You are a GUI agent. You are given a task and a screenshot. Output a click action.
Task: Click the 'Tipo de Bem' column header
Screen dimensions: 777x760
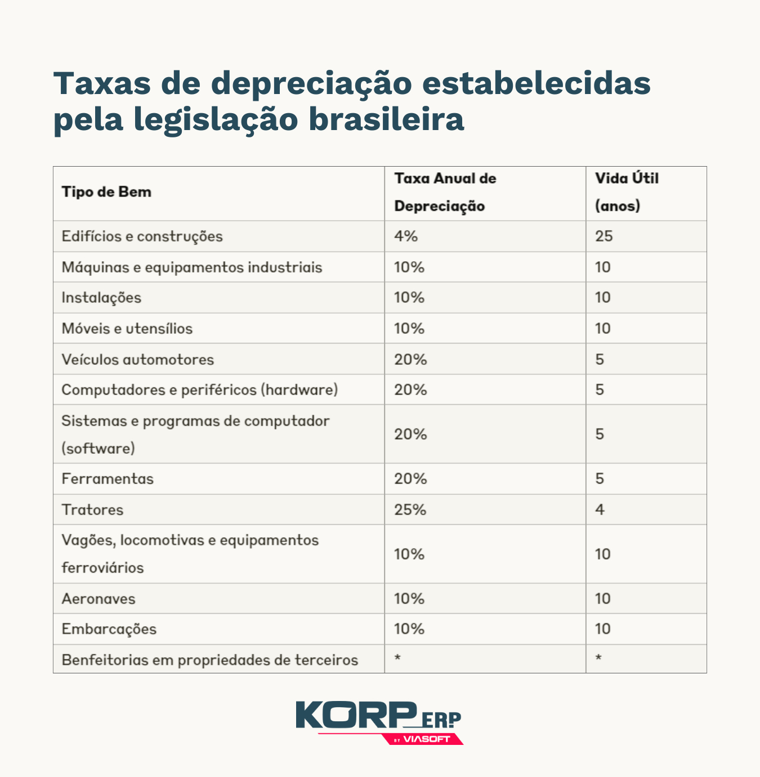pos(106,192)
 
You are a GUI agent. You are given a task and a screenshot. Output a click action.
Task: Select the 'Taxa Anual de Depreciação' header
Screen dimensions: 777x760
pos(445,192)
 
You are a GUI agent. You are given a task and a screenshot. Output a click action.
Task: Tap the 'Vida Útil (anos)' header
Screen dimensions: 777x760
pos(626,192)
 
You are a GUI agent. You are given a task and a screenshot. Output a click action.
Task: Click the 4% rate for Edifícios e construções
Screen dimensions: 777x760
pos(406,236)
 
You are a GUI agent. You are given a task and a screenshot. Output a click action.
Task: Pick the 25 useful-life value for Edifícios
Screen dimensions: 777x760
pos(603,236)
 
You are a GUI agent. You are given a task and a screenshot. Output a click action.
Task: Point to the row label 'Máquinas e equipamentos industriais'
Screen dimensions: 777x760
pos(192,267)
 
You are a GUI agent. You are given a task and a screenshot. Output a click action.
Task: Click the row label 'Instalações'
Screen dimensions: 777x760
pos(101,297)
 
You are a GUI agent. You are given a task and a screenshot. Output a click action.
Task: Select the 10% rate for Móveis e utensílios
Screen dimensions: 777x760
pos(409,328)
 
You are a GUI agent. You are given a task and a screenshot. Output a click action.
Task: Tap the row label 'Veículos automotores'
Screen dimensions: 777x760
pos(138,359)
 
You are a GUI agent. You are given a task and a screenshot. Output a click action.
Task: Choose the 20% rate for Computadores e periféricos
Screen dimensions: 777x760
pos(410,390)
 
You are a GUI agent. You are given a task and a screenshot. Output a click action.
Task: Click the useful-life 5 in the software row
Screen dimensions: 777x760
pos(600,434)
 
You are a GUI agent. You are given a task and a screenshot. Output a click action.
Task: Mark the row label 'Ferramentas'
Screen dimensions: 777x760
pos(108,479)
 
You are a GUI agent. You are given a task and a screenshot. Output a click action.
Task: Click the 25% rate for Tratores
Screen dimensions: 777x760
pos(410,510)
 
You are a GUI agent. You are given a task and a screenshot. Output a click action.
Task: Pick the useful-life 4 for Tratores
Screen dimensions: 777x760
pos(600,510)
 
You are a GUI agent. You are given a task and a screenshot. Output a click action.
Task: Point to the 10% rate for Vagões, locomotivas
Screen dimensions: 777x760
pos(409,554)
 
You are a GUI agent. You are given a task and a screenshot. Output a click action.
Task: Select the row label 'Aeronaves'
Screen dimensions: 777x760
pos(99,599)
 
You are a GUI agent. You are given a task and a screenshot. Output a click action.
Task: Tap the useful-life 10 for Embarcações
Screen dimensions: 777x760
pos(603,629)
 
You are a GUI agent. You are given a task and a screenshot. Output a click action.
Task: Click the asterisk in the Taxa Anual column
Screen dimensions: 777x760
pos(397,658)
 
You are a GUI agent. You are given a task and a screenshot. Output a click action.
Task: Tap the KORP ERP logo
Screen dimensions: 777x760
pos(379,722)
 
